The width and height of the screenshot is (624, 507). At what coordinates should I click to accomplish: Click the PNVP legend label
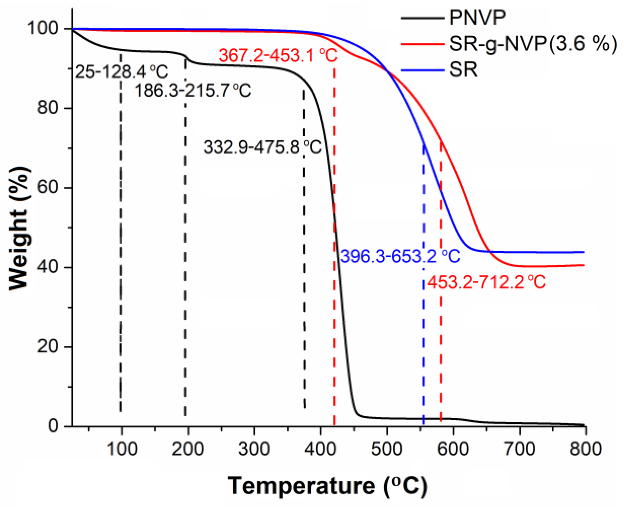477,18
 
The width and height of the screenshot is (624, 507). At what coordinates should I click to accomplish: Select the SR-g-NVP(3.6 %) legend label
533,44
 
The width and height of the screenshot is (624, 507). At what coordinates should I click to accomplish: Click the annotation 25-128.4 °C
121,72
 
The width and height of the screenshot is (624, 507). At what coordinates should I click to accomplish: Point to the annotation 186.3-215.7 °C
193,91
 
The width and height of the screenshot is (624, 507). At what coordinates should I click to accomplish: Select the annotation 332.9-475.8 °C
262,147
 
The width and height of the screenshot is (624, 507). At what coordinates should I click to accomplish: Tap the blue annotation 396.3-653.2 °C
400,256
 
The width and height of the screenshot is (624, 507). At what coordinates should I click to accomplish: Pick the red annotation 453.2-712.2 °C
486,282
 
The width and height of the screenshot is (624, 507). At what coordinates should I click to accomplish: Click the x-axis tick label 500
387,449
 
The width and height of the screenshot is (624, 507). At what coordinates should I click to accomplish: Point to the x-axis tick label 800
586,449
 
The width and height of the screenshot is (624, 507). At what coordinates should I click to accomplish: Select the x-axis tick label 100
121,449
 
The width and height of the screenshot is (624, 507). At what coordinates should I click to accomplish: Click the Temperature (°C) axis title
327,486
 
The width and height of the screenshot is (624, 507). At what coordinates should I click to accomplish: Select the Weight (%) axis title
19,228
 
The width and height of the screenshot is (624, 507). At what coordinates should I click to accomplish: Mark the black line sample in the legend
422,18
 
